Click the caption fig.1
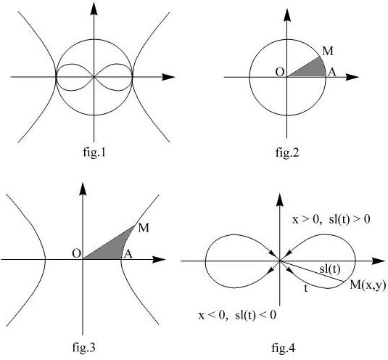[x=94, y=152]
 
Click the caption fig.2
[x=287, y=152]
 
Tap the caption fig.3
[x=83, y=347]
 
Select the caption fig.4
[x=283, y=348]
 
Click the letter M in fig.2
[x=328, y=52]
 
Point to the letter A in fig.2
[x=332, y=73]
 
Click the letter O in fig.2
[x=280, y=73]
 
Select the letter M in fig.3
[x=144, y=228]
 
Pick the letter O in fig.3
[x=76, y=254]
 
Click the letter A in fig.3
[x=128, y=254]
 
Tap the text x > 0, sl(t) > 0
[x=331, y=219]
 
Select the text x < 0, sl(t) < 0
[x=237, y=315]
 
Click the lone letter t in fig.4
[x=306, y=288]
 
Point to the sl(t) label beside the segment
[x=330, y=269]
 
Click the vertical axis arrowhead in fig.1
[x=94, y=9]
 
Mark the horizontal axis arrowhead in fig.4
[x=379, y=261]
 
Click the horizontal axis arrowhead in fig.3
[x=159, y=260]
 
